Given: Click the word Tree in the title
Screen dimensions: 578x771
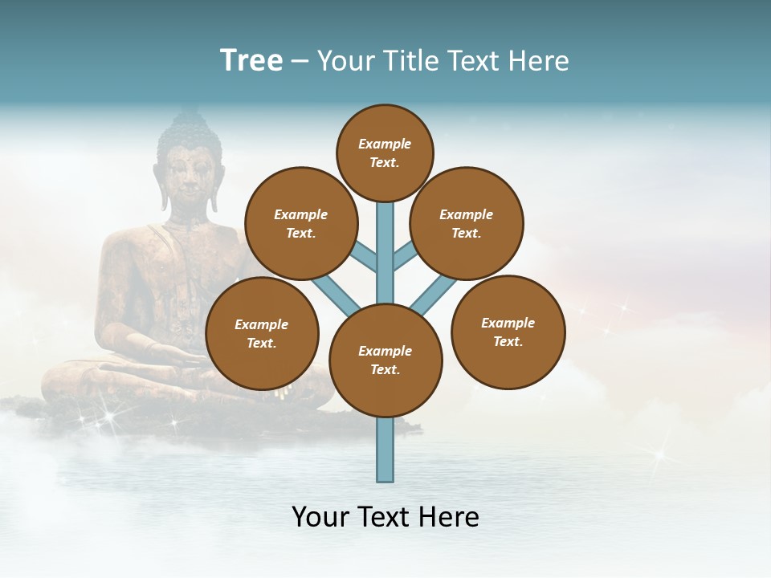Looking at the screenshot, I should [x=251, y=61].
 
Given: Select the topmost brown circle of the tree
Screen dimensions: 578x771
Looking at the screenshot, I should [x=385, y=153].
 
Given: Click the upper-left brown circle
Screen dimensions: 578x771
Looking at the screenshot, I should [x=301, y=223].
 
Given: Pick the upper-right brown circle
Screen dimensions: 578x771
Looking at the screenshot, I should [x=467, y=223].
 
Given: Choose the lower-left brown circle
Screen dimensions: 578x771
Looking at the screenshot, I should [x=262, y=333].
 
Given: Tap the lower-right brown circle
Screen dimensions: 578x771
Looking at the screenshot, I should [x=508, y=332].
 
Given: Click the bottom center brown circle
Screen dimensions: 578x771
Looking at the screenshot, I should [x=385, y=360].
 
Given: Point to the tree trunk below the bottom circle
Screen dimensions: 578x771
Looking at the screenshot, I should [x=385, y=450].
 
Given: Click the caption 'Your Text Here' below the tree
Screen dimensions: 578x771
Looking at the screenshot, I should [x=385, y=517].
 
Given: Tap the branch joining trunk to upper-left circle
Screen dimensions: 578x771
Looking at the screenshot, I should [x=365, y=258].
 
